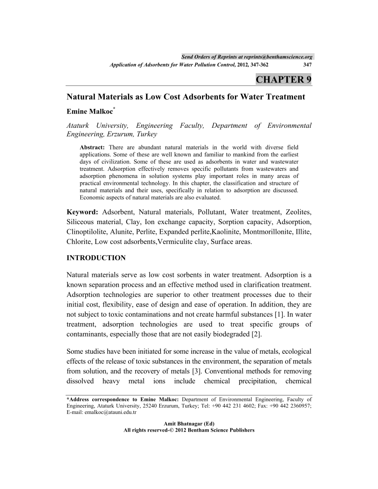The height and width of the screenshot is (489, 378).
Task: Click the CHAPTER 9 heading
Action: pyautogui.click(x=283, y=79)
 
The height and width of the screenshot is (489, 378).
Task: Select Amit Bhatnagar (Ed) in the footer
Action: pyautogui.click(x=189, y=424)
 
